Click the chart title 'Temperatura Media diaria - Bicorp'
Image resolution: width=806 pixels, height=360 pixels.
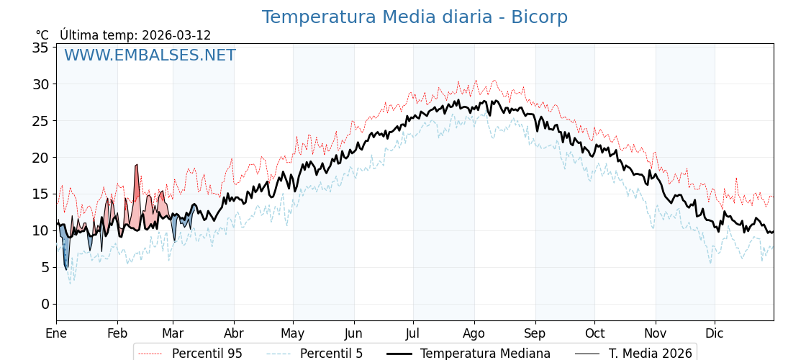415,17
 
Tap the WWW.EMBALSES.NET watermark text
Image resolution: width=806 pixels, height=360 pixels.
150,55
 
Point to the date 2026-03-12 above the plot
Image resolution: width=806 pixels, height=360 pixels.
176,35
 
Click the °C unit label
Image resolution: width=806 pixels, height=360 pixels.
42,35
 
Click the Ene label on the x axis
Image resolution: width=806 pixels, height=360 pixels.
56,333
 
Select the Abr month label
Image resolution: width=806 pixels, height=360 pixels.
234,333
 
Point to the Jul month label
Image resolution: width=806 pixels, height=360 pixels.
413,333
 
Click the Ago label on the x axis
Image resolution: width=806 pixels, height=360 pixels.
474,333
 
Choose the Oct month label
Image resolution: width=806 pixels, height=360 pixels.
594,333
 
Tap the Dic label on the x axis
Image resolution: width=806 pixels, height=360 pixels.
715,333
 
